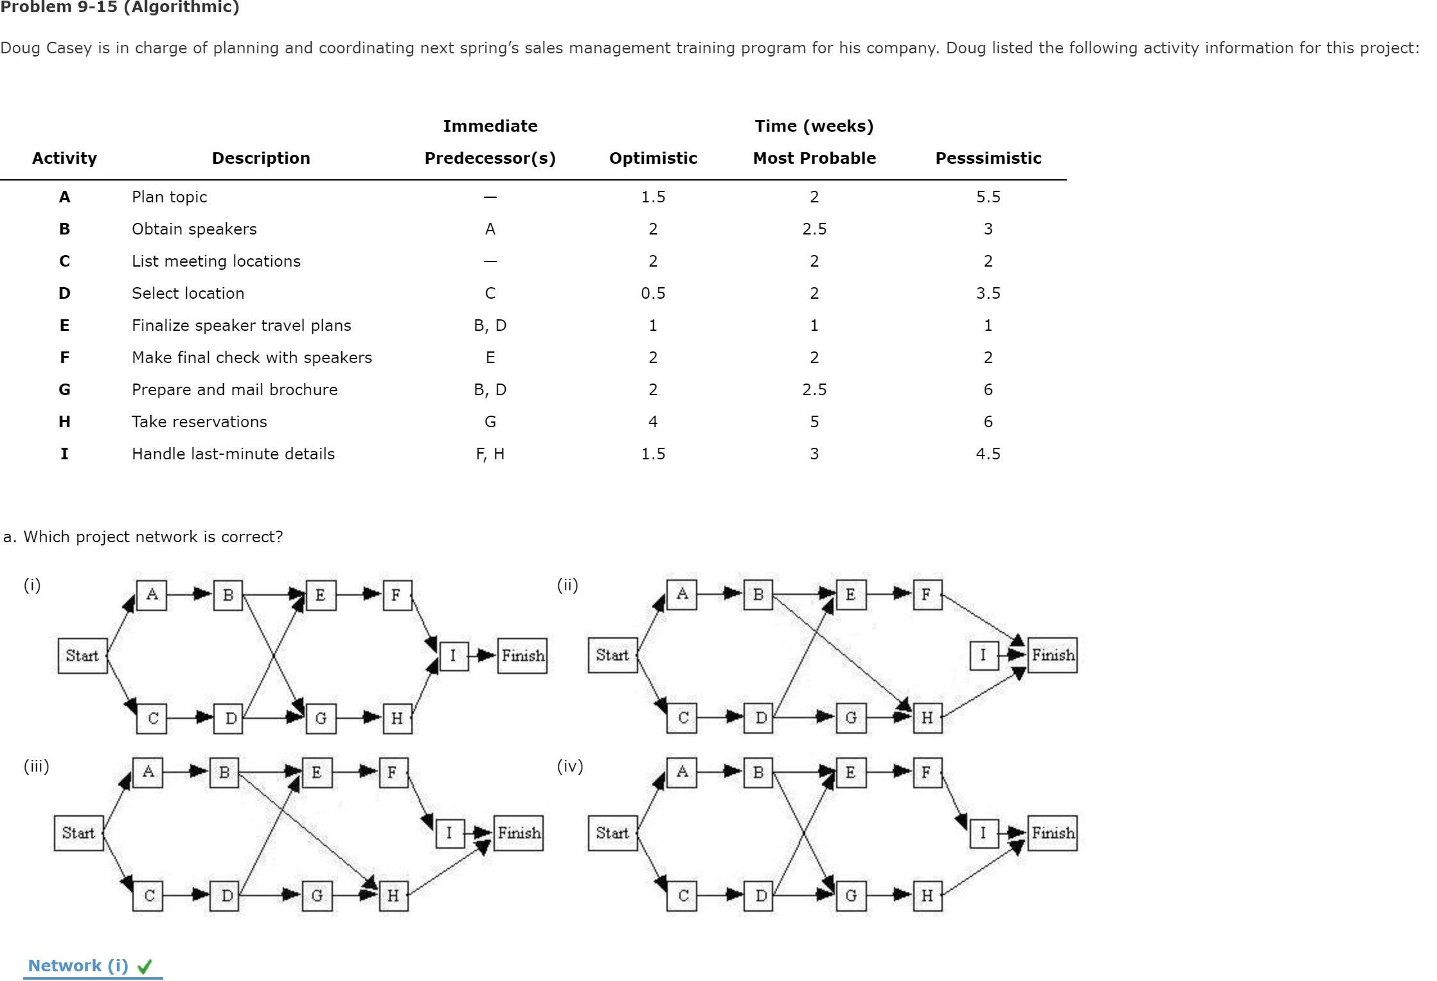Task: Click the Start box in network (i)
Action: pyautogui.click(x=82, y=655)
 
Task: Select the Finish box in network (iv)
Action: pyautogui.click(x=1052, y=833)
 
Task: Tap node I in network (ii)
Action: pyautogui.click(x=983, y=655)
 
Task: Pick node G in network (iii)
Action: pyautogui.click(x=317, y=896)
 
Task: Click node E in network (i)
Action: pyautogui.click(x=320, y=595)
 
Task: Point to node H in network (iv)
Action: pyautogui.click(x=927, y=896)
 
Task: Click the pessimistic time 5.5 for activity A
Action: pyautogui.click(x=988, y=197)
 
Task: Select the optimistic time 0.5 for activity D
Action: pyautogui.click(x=653, y=293)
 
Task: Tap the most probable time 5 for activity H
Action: pyautogui.click(x=814, y=421)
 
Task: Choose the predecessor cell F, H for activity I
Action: pyautogui.click(x=490, y=454)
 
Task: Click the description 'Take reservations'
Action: pyautogui.click(x=199, y=421)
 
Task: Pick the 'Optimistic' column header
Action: pyautogui.click(x=653, y=158)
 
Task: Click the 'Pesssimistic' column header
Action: pyautogui.click(x=988, y=158)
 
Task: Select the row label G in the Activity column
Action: pyautogui.click(x=64, y=389)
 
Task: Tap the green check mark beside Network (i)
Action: pyautogui.click(x=145, y=966)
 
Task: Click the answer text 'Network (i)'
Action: pyautogui.click(x=78, y=966)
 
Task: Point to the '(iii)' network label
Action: pyautogui.click(x=37, y=766)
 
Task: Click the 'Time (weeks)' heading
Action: pyautogui.click(x=814, y=126)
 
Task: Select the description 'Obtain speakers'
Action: pyautogui.click(x=194, y=229)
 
